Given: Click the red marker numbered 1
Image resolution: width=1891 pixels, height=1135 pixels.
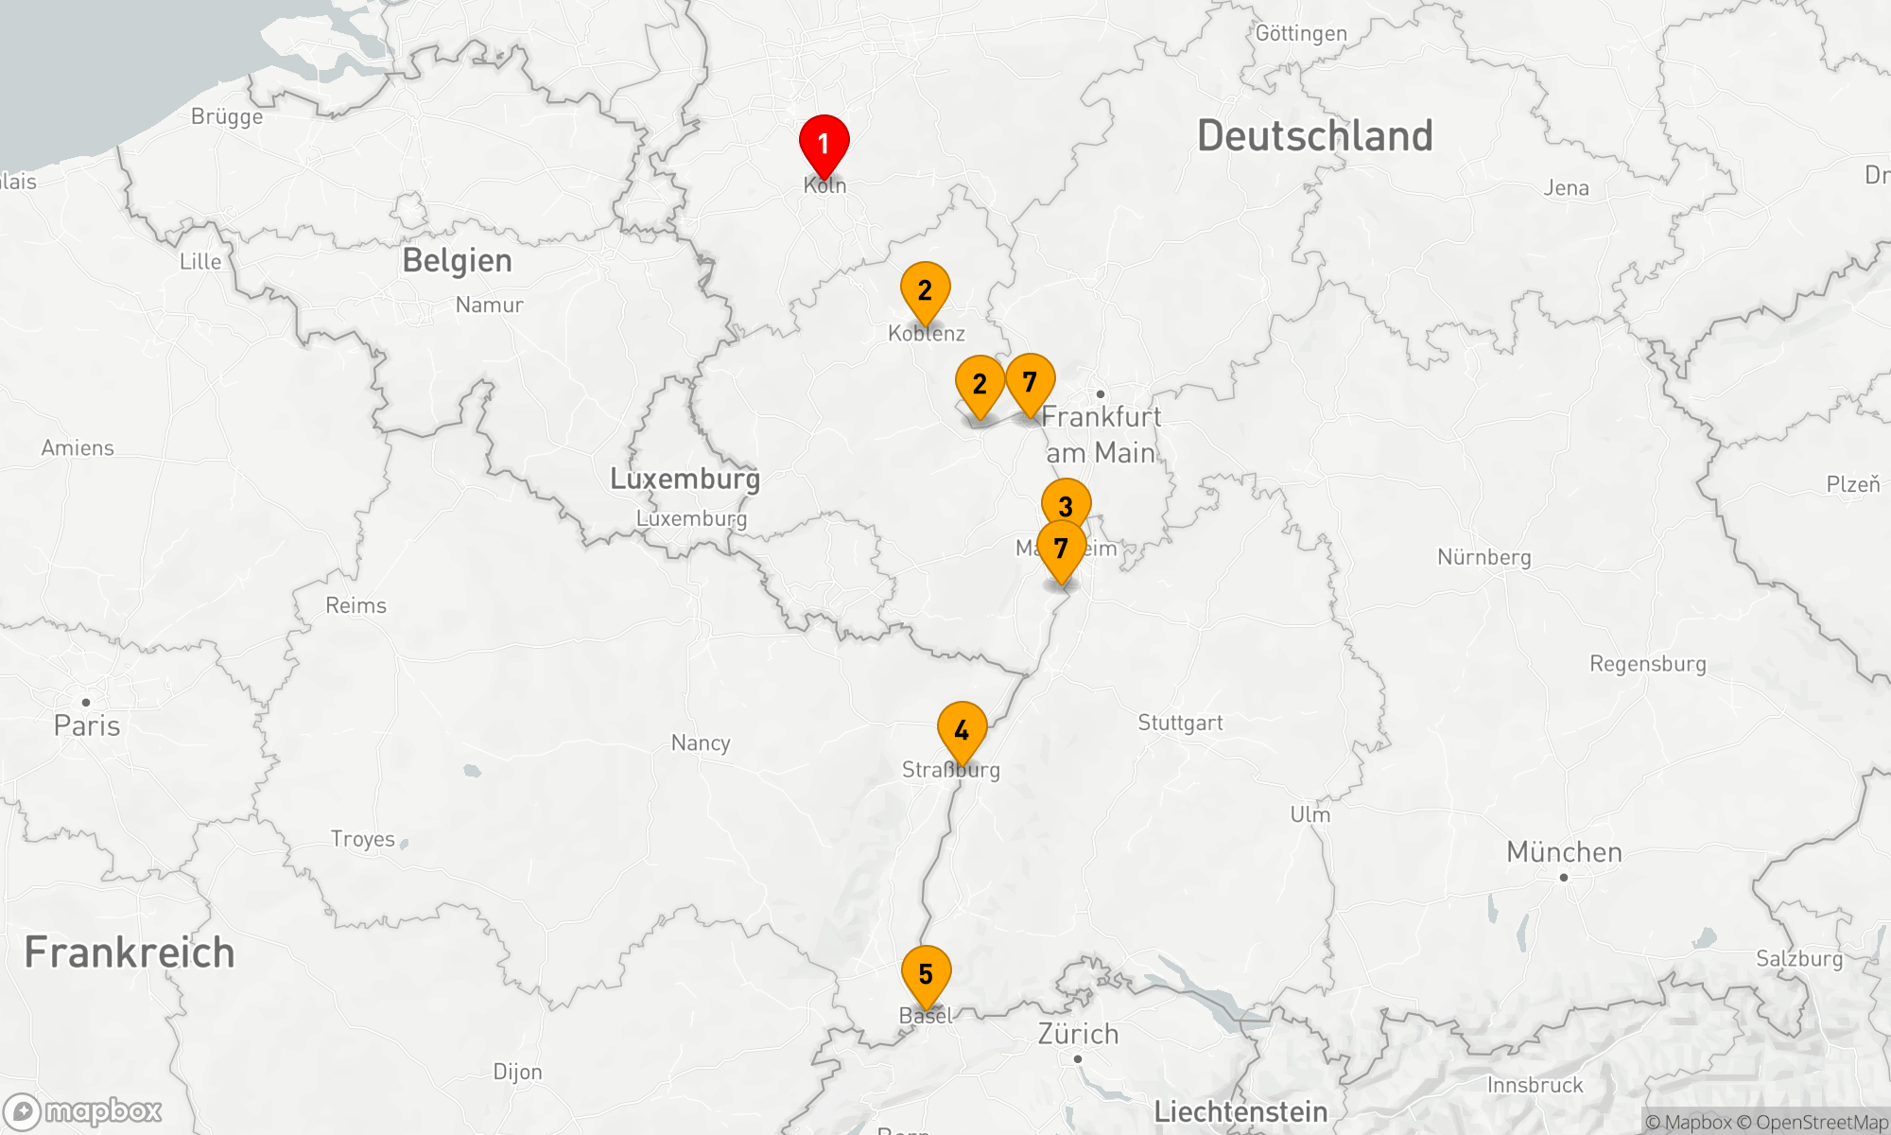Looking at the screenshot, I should click(824, 145).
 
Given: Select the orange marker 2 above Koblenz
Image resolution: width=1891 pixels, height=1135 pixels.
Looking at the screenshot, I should click(925, 291).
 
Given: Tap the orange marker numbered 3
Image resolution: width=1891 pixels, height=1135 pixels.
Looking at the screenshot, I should click(1066, 505).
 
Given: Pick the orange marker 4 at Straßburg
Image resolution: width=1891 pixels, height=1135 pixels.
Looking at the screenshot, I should click(962, 731).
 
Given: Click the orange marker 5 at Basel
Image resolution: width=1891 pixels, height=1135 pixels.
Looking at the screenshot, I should click(926, 974).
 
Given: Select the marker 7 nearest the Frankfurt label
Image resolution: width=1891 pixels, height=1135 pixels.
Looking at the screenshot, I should click(1030, 383).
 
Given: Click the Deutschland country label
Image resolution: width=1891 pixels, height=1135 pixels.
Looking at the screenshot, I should click(1314, 136).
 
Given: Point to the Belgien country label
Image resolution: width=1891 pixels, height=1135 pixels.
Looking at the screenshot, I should click(457, 261).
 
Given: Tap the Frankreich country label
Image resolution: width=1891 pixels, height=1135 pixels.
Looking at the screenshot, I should click(130, 952).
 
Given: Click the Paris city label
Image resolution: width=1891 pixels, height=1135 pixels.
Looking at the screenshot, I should click(87, 725).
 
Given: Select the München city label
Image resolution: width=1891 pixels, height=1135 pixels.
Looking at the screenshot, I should click(1564, 852).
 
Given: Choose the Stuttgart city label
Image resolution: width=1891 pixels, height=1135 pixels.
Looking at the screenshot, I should click(1180, 724).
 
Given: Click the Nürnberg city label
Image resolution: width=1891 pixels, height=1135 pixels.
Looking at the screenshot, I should click(1483, 557).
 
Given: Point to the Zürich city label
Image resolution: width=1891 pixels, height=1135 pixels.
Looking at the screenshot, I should click(1078, 1034).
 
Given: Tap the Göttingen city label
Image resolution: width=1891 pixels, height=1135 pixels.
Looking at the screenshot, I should click(1301, 34).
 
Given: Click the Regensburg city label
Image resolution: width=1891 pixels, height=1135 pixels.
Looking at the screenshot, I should click(1647, 664).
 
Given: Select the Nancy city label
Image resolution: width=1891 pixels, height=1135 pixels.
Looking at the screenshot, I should click(701, 743).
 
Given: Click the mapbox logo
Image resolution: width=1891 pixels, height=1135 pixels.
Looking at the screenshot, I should click(83, 1111).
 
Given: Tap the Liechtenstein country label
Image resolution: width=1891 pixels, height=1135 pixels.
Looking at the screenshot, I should click(1240, 1112).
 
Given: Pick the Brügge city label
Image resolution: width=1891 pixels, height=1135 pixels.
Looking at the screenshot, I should click(227, 117).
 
